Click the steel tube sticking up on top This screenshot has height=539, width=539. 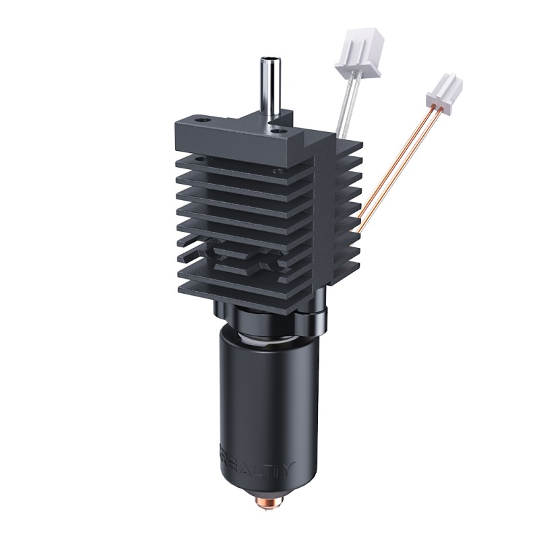(x=270, y=88)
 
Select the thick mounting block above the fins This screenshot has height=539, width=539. (x=243, y=138)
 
